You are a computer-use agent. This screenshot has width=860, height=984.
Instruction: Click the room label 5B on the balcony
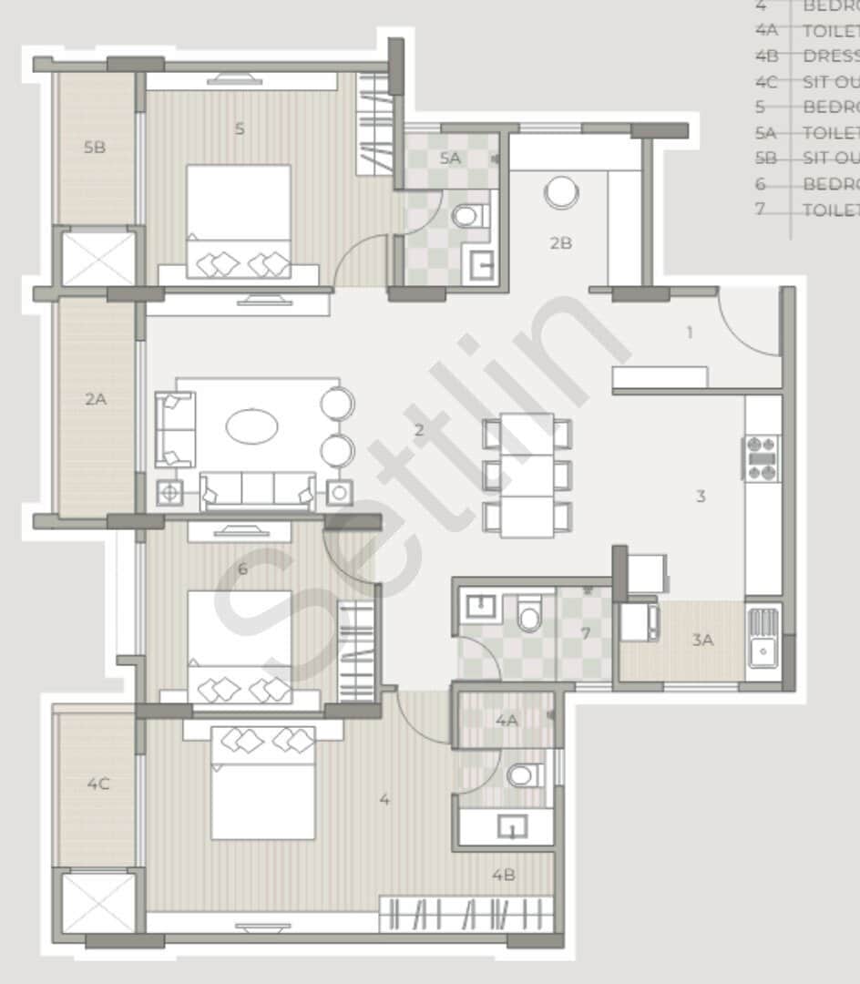point(94,147)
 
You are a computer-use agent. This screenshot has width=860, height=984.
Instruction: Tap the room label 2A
point(96,397)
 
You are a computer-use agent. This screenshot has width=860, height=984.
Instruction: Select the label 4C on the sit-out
point(97,784)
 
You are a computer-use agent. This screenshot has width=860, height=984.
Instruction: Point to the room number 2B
point(560,243)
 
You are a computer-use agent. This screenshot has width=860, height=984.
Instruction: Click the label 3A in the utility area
point(701,641)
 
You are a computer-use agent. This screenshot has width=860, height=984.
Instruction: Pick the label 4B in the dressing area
point(504,875)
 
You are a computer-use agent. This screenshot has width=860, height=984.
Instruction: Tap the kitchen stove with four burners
point(763,458)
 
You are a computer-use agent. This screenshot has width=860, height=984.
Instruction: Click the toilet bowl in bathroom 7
point(528,615)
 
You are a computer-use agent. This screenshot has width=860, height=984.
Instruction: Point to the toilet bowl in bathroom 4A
point(522,774)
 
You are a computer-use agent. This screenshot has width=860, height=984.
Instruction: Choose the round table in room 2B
point(560,193)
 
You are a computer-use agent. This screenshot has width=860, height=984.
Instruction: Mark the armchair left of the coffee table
point(175,428)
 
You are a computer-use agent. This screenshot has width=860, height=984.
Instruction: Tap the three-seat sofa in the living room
point(258,490)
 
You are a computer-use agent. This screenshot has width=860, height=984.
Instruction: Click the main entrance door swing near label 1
point(747,323)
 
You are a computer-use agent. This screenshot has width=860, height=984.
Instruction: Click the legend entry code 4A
point(766,30)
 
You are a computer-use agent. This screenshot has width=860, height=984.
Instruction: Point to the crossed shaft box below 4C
point(97,903)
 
